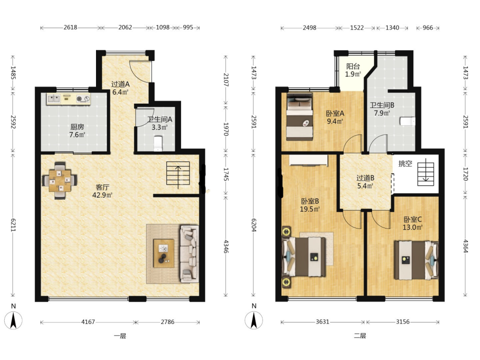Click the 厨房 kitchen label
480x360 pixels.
(x=77, y=126)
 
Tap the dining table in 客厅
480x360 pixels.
(x=60, y=180)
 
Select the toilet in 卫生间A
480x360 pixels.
(x=157, y=144)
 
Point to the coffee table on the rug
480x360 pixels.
(x=164, y=253)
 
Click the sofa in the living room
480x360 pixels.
(x=189, y=254)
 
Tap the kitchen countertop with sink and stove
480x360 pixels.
(x=69, y=99)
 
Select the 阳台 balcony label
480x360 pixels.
(x=353, y=66)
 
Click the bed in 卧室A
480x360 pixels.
(x=300, y=117)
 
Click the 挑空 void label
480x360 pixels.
(x=405, y=163)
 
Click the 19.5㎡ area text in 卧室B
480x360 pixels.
(x=310, y=209)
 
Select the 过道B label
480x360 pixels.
(x=365, y=178)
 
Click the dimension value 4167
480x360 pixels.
(x=88, y=322)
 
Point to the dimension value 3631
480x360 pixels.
(x=323, y=322)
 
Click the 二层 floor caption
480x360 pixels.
(x=360, y=336)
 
